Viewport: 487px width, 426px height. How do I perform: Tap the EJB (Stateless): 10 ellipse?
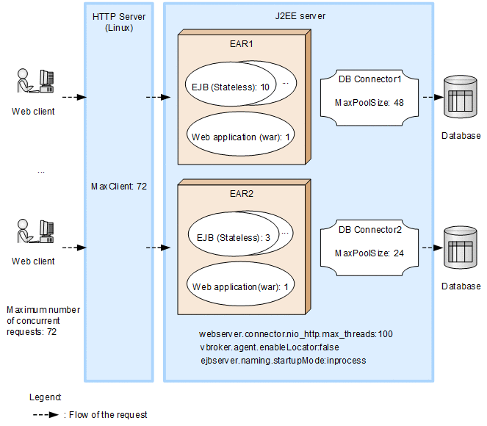(228, 87)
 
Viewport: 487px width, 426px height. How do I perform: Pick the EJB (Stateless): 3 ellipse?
(230, 237)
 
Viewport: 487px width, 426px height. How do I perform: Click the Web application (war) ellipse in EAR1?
(242, 137)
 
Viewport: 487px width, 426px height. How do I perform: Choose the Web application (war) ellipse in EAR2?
(242, 286)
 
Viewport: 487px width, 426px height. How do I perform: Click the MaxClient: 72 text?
(118, 187)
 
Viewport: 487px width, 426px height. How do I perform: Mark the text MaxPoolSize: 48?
(369, 102)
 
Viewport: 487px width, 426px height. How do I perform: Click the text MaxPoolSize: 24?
(369, 253)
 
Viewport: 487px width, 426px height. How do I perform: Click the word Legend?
(45, 397)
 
